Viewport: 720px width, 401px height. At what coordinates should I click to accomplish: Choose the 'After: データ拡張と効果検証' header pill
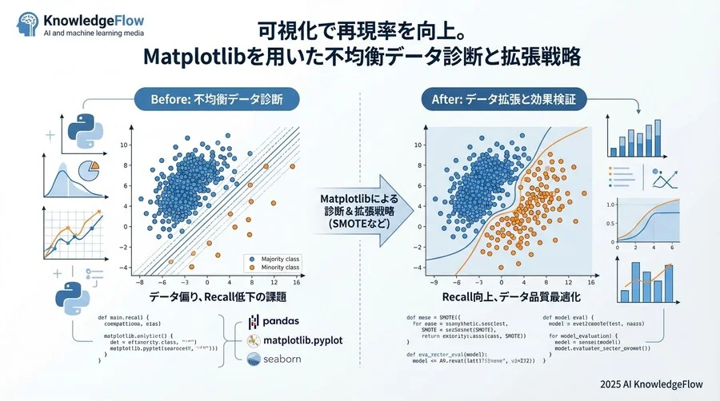(x=503, y=101)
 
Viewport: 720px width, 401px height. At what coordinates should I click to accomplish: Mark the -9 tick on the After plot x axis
(x=434, y=283)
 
